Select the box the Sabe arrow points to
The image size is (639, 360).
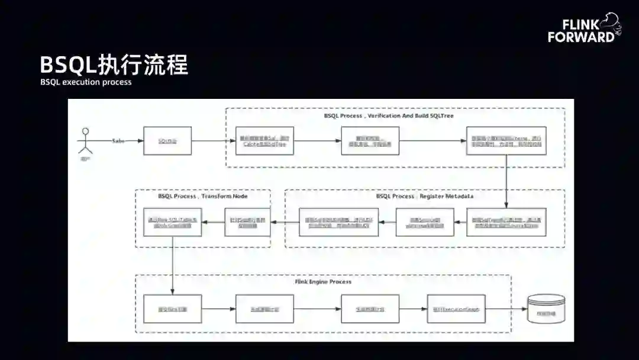pos(167,141)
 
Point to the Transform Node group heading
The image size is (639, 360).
pos(203,196)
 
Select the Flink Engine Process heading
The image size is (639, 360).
pos(323,282)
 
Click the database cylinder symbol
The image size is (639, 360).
pos(546,308)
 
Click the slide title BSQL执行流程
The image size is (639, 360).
pos(114,65)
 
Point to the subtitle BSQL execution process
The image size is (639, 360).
pos(86,82)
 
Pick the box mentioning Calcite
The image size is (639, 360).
pos(264,141)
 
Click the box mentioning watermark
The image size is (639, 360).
pos(425,222)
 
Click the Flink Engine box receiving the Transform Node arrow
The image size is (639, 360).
pos(173,308)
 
